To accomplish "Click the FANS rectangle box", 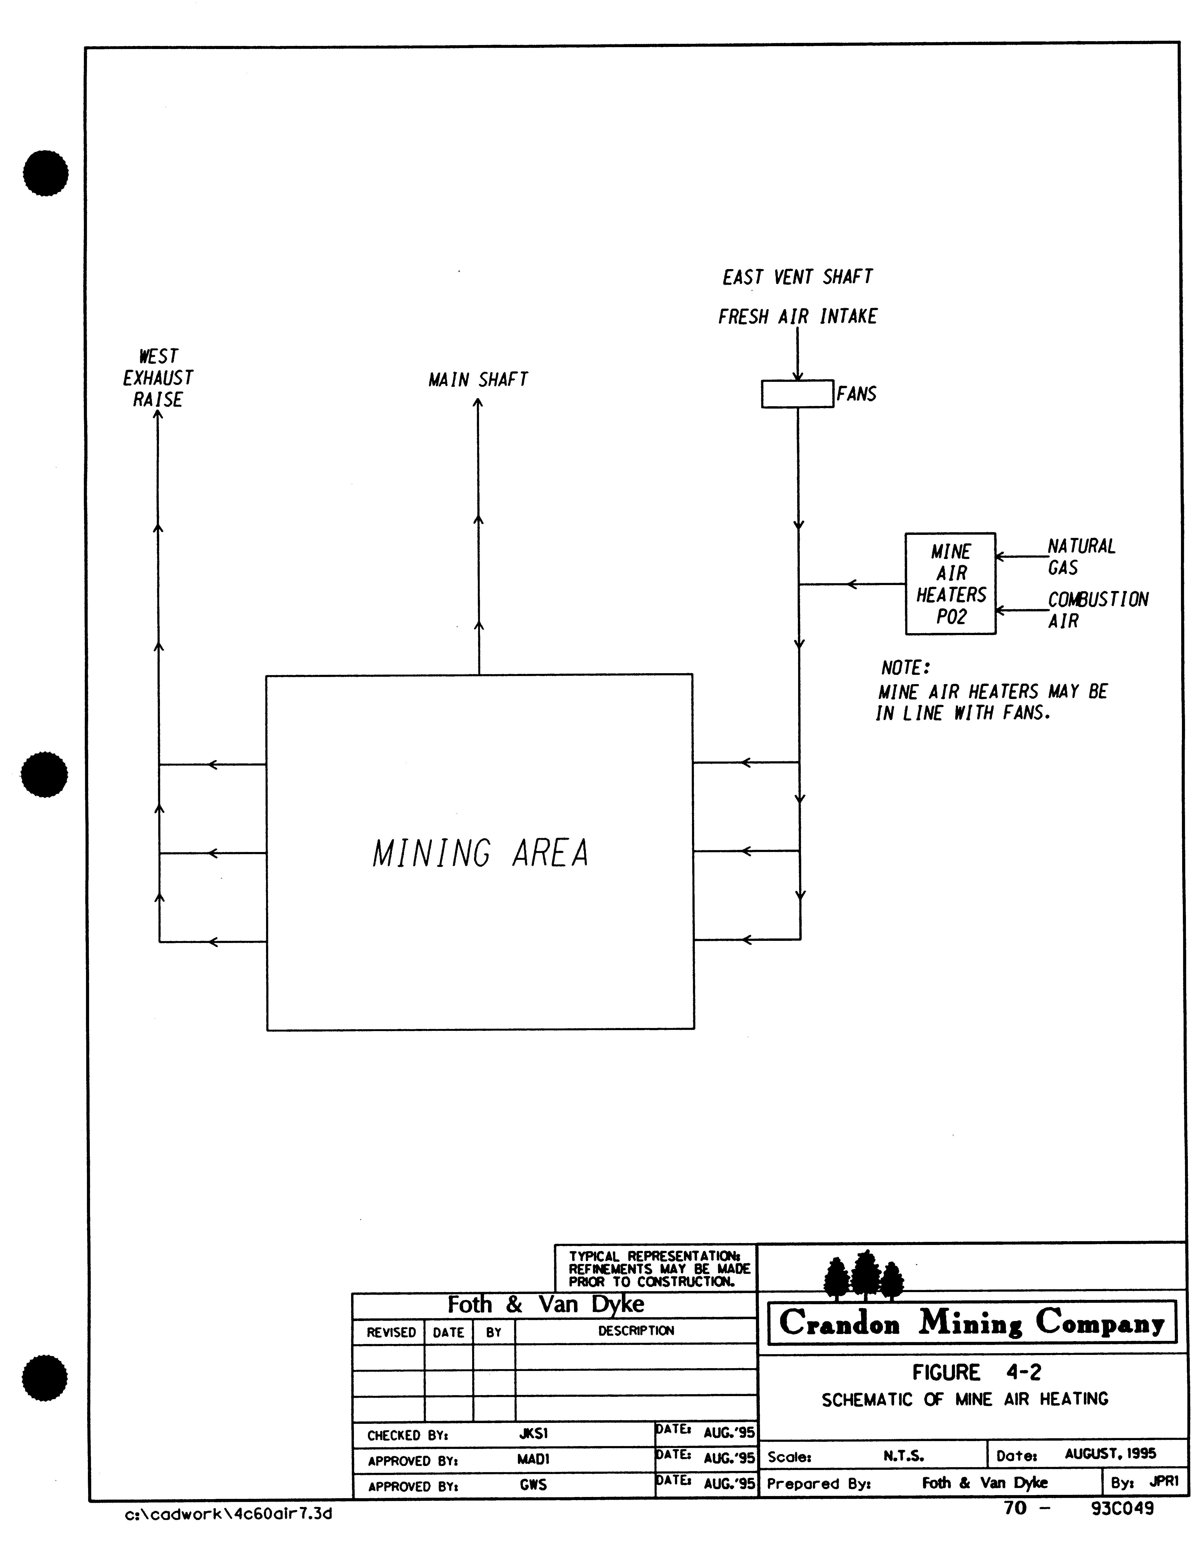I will tap(797, 394).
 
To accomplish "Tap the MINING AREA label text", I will tap(480, 853).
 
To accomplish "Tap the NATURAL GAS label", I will tap(1080, 556).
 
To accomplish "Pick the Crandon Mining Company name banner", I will tap(972, 1322).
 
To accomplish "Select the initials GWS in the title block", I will tap(533, 1485).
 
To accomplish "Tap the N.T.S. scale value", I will tap(903, 1456).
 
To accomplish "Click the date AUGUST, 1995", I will tap(1110, 1454).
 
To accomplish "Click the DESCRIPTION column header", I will tap(635, 1331).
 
